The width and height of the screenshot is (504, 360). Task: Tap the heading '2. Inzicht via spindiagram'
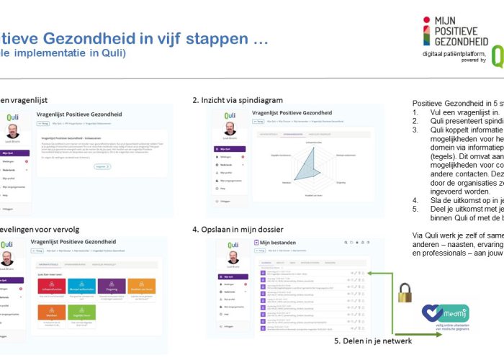237,99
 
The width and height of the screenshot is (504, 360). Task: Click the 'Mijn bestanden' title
279,243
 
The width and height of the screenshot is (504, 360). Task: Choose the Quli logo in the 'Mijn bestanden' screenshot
231,243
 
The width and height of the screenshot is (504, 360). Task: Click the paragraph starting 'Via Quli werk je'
458,245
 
